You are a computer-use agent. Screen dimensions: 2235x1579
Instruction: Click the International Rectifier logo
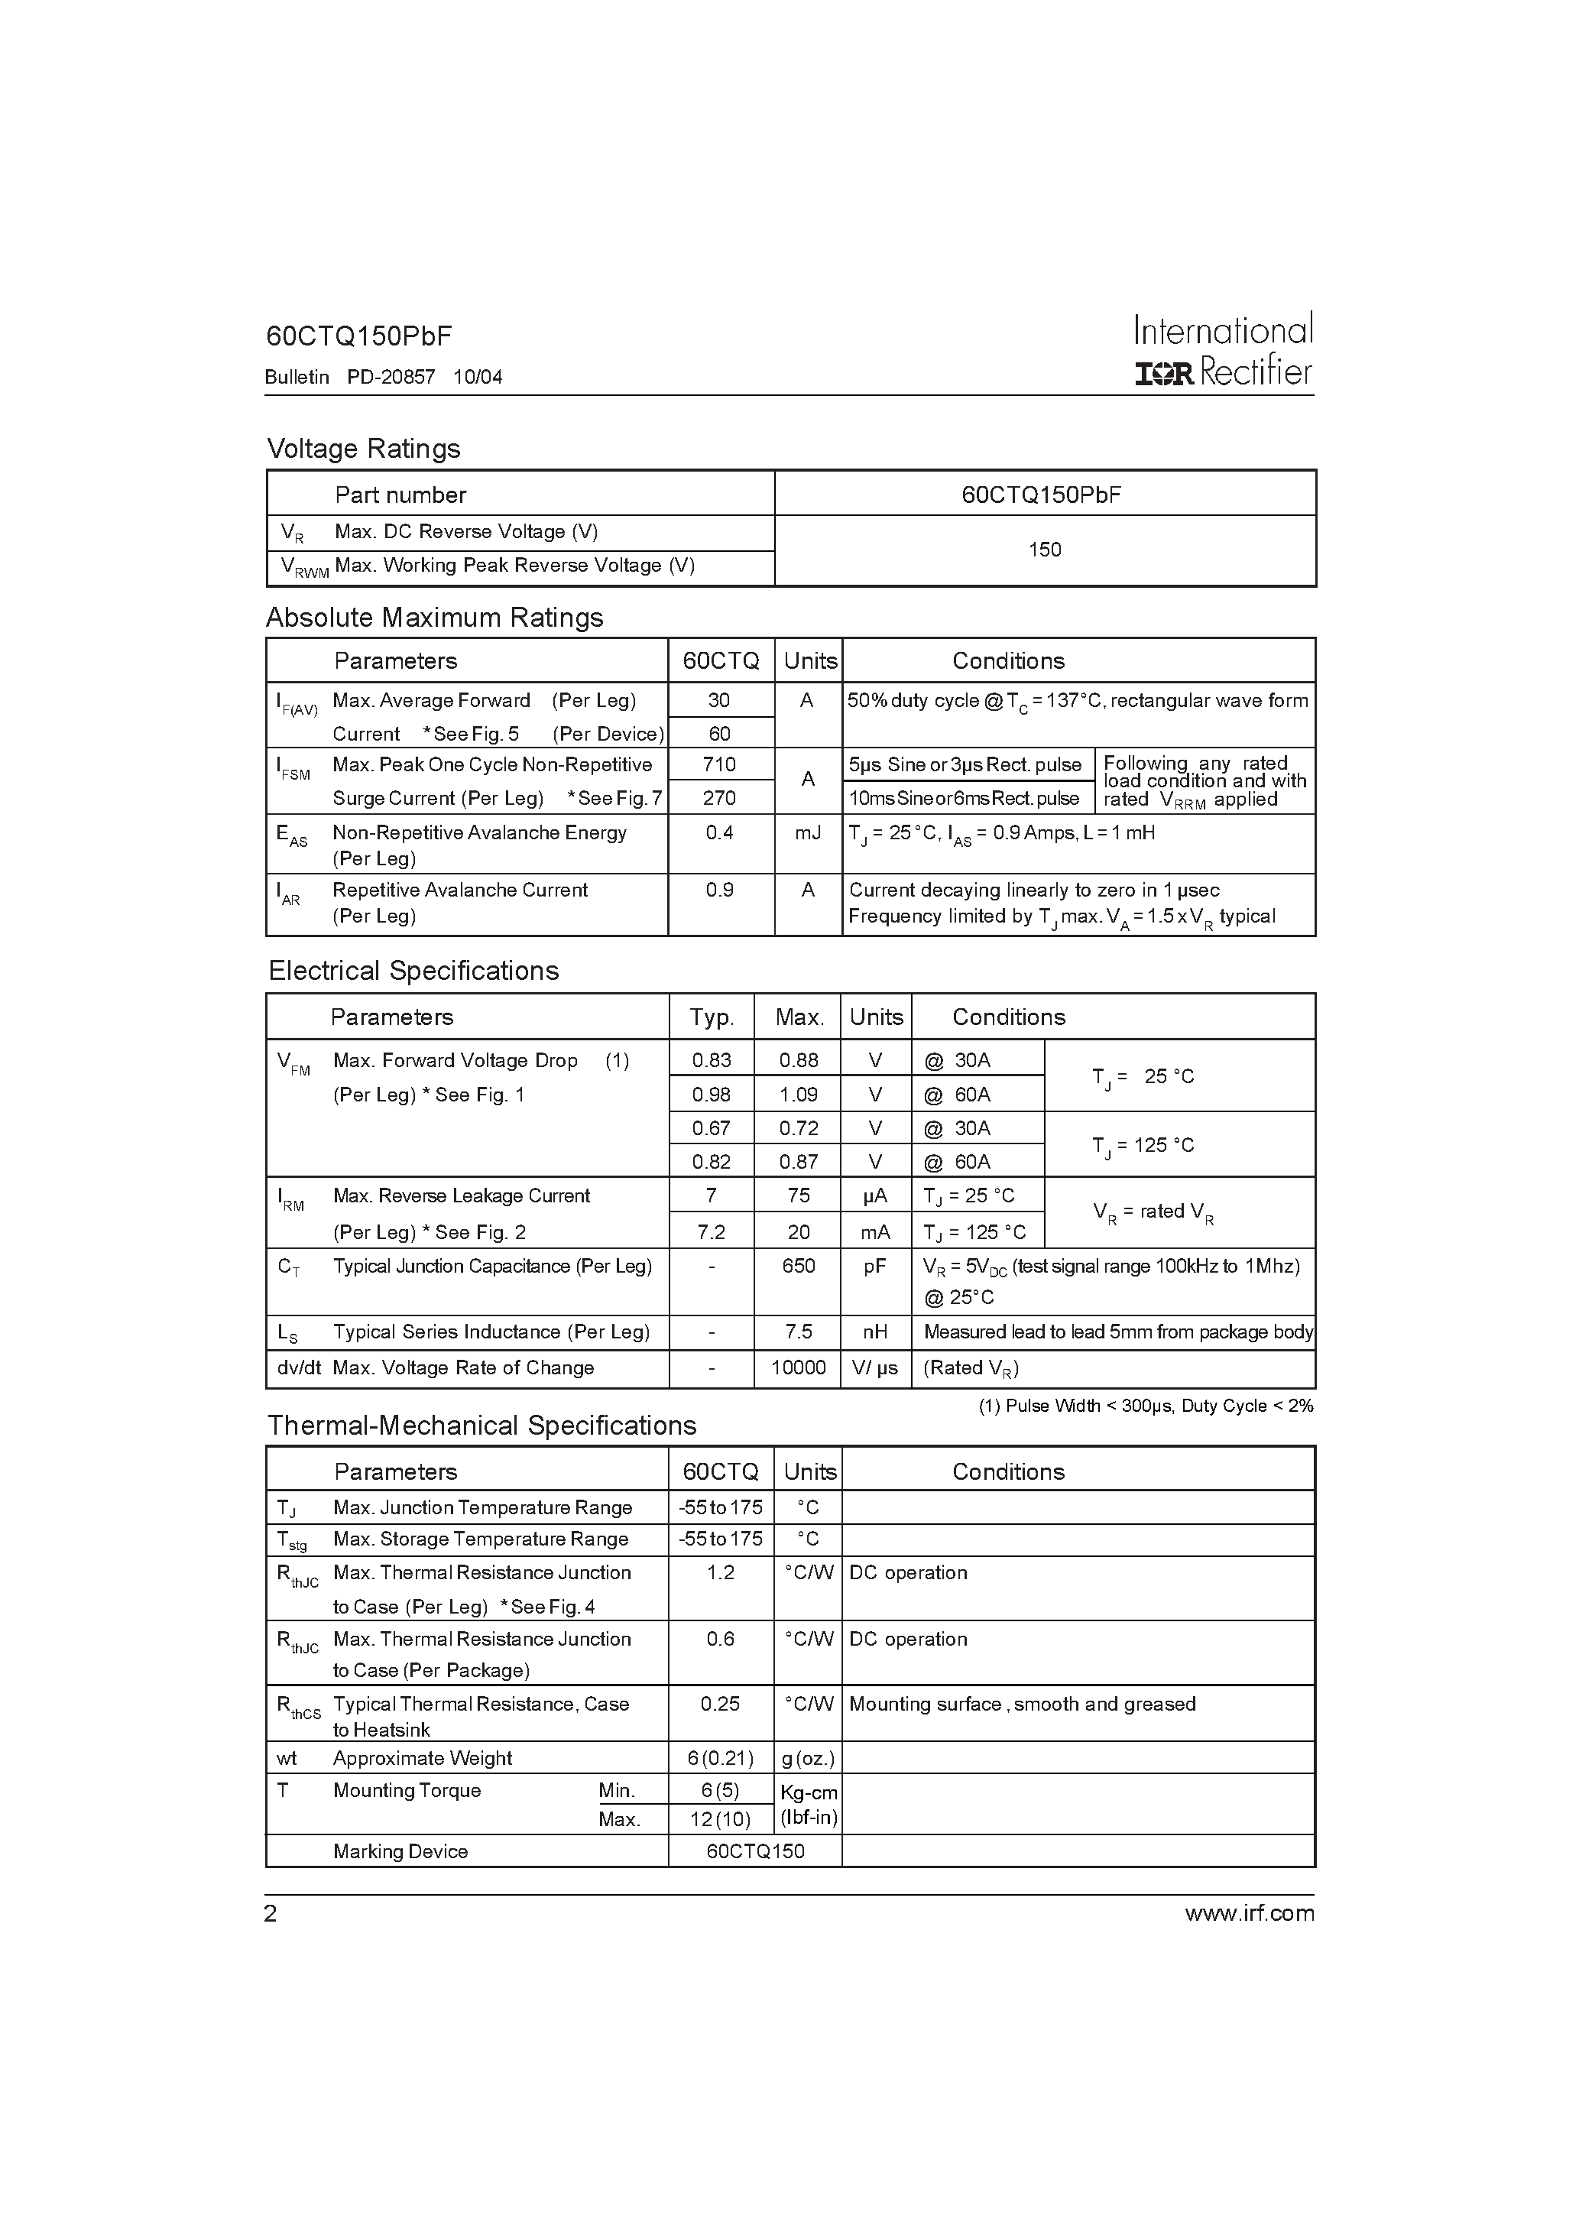click(x=1223, y=350)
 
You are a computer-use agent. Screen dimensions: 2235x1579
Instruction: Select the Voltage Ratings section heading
click(x=363, y=449)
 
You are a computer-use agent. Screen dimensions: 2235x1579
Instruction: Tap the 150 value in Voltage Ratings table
click(x=1045, y=550)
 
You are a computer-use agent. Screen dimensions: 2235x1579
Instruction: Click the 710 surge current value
click(x=719, y=764)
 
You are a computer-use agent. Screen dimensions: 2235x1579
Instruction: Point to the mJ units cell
click(x=807, y=833)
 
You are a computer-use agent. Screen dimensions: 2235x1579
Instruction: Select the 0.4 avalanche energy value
click(x=719, y=833)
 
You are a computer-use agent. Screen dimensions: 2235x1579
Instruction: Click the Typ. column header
click(x=712, y=1017)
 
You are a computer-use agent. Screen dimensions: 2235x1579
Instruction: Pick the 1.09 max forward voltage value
click(x=798, y=1095)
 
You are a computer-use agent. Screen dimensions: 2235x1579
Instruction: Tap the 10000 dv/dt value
click(x=798, y=1367)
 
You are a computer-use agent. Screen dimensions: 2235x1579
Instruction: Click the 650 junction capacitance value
click(x=798, y=1267)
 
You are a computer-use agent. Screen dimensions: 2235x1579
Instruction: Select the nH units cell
click(x=875, y=1332)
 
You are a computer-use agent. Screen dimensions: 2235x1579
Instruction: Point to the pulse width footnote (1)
click(x=1146, y=1406)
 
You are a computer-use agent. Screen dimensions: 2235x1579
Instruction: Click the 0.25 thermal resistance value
click(x=719, y=1704)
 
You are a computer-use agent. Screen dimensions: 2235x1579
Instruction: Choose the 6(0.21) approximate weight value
click(x=719, y=1758)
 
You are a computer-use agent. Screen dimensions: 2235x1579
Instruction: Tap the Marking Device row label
click(x=400, y=1851)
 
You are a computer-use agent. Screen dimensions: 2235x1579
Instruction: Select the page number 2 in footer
click(x=271, y=1914)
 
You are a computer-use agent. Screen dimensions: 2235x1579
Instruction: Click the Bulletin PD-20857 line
click(x=384, y=377)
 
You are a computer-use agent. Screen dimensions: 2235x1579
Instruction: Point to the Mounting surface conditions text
click(x=1022, y=1704)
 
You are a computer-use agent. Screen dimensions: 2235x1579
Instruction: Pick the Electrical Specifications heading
click(x=413, y=971)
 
